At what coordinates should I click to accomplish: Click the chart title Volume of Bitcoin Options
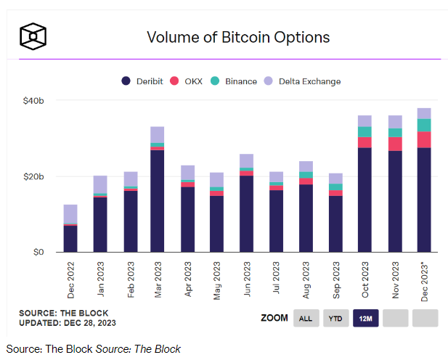point(238,37)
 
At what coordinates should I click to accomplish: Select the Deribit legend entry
point(142,81)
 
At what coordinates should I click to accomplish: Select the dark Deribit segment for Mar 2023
point(157,201)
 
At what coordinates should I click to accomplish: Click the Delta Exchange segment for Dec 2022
point(70,214)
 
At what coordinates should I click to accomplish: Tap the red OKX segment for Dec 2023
point(424,139)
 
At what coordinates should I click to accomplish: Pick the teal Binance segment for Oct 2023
point(364,131)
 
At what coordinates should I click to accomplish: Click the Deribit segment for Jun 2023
point(246,214)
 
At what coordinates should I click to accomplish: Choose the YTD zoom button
point(335,318)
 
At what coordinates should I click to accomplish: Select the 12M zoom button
point(365,318)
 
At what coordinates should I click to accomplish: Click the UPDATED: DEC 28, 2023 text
point(67,322)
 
